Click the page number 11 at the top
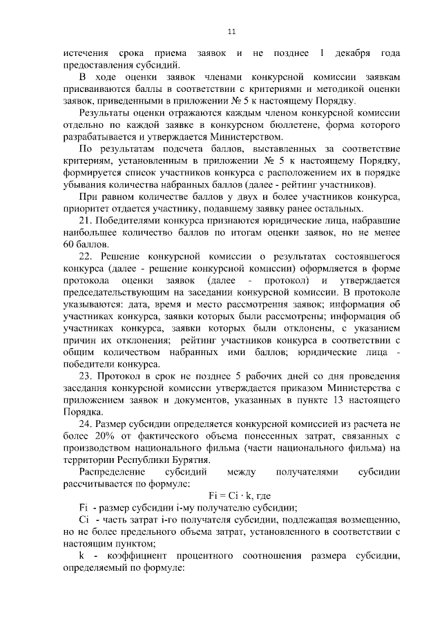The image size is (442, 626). pyautogui.click(x=231, y=31)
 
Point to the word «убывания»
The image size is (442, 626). pyautogui.click(x=82, y=185)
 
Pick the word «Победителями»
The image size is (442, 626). pyautogui.click(x=131, y=221)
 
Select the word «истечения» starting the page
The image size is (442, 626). pyautogui.click(x=84, y=53)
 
